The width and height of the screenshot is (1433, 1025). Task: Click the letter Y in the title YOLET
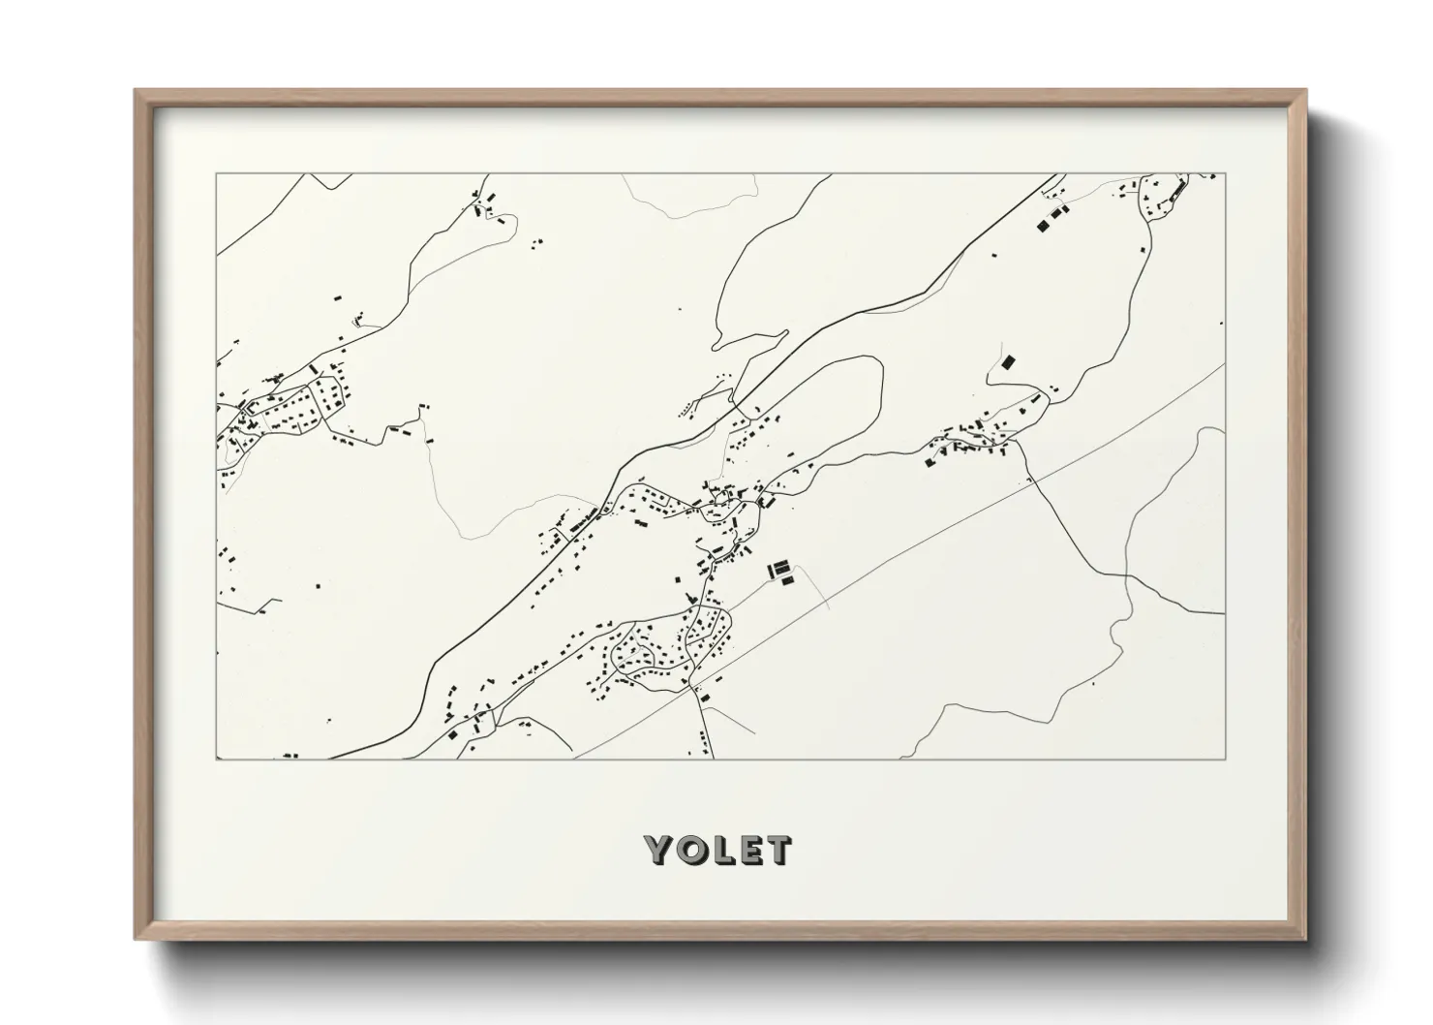point(661,850)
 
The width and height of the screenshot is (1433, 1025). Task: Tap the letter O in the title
point(693,850)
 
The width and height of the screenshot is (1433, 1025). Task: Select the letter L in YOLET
point(723,850)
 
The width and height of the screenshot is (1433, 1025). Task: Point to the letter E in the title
point(749,850)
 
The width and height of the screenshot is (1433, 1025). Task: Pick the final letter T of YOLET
point(778,850)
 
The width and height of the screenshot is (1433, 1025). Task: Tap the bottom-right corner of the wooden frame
point(1305,939)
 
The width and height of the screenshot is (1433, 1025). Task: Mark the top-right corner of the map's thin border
point(1225,173)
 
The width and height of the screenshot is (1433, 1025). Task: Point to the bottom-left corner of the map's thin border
point(216,759)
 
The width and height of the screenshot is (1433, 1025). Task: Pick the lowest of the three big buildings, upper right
point(1042,225)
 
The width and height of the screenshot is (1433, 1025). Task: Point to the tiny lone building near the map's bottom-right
point(1092,684)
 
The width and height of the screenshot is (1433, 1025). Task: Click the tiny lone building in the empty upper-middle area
point(680,310)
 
